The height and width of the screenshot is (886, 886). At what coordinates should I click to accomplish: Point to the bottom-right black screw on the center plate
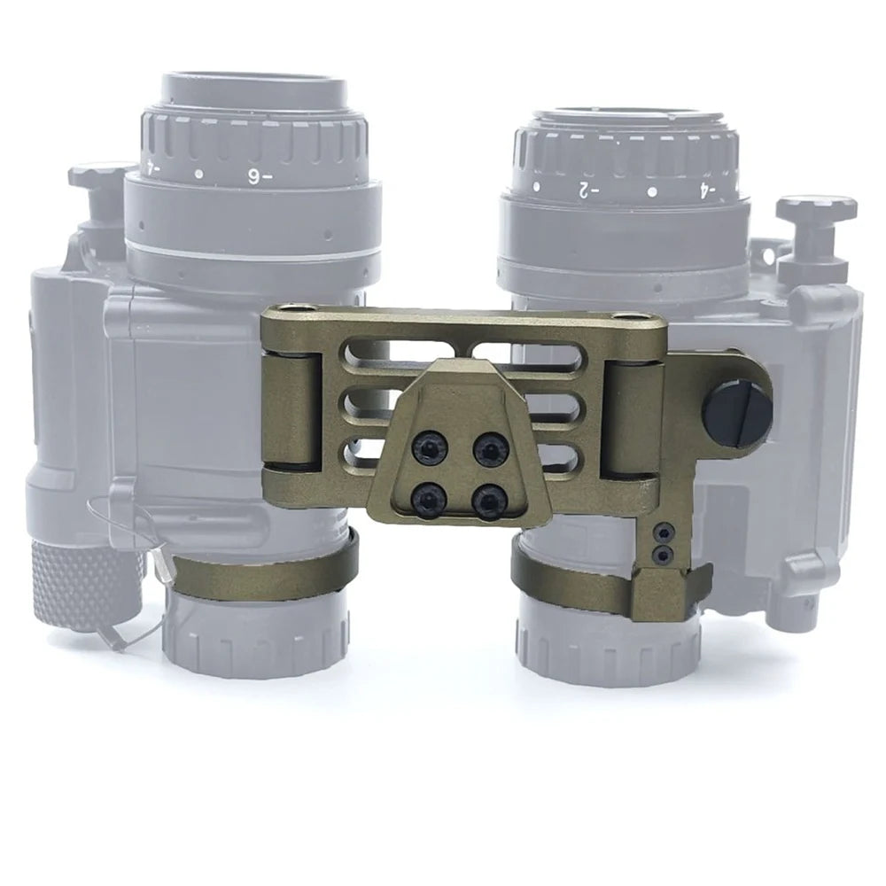click(x=487, y=502)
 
